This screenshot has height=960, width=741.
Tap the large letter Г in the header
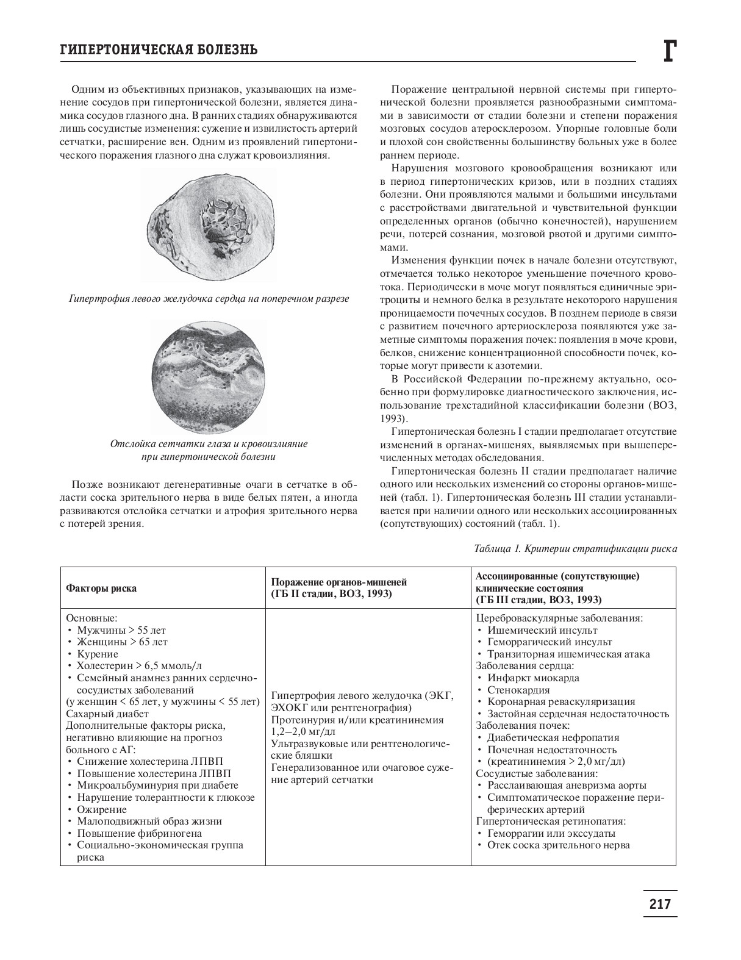668,51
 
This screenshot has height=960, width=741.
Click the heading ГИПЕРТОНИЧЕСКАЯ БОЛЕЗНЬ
158,50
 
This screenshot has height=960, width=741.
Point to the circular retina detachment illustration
209,379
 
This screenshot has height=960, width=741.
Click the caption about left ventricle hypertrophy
209,299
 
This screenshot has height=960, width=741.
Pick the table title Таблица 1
575,548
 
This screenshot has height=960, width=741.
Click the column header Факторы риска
101,589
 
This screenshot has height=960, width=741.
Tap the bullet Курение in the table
98,654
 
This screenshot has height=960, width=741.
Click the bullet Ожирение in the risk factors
102,809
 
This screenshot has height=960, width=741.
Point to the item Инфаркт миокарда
533,678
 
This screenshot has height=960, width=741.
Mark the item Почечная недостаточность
551,750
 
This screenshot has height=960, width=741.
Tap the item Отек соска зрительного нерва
558,845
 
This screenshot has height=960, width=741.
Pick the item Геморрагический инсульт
549,642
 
